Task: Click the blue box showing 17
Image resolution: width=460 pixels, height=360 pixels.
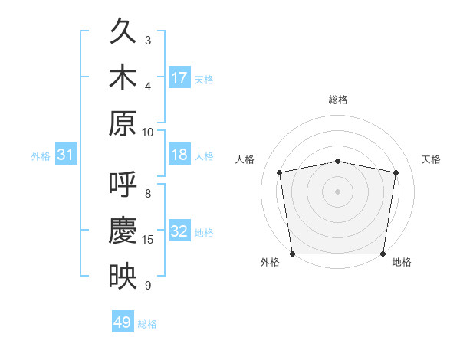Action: pos(179,78)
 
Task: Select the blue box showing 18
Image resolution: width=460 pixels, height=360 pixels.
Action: pos(179,155)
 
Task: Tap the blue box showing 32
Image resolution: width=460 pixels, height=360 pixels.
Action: pos(179,232)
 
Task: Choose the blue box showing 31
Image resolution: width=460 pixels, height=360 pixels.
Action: pos(65,155)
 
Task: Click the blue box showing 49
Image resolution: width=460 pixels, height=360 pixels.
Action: pos(123,322)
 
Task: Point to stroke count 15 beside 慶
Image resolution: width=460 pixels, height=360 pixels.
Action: pos(148,240)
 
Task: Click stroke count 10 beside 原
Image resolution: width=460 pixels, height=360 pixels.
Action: pos(148,132)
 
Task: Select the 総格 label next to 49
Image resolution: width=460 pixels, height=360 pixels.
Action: pos(147,324)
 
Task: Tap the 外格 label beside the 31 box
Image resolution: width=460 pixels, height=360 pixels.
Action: pos(41,156)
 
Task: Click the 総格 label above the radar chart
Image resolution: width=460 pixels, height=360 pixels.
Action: pos(338,100)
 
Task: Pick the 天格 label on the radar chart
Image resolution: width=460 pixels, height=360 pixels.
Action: pos(431,159)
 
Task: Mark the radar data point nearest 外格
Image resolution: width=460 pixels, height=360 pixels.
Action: pos(292,254)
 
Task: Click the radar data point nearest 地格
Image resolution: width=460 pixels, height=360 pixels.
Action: pos(383,254)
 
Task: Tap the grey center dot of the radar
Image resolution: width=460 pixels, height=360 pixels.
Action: pos(338,191)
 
